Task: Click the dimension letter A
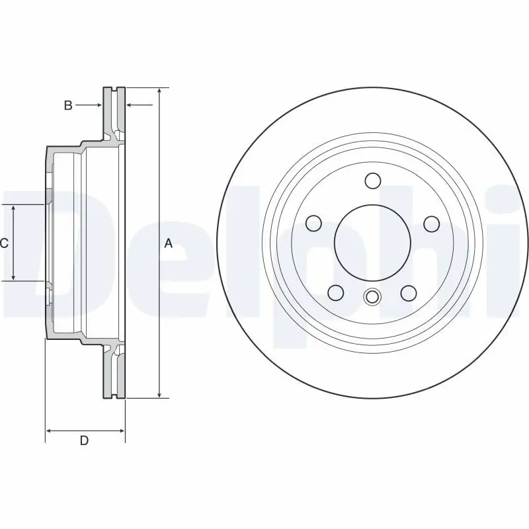[168, 243]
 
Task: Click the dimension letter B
[68, 105]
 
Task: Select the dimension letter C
[4, 243]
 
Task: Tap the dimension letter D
[84, 441]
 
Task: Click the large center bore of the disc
[372, 243]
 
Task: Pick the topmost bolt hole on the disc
[372, 181]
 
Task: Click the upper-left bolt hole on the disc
[313, 224]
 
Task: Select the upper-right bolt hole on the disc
[431, 224]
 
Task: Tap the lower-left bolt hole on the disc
[336, 292]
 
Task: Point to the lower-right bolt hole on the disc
[409, 292]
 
